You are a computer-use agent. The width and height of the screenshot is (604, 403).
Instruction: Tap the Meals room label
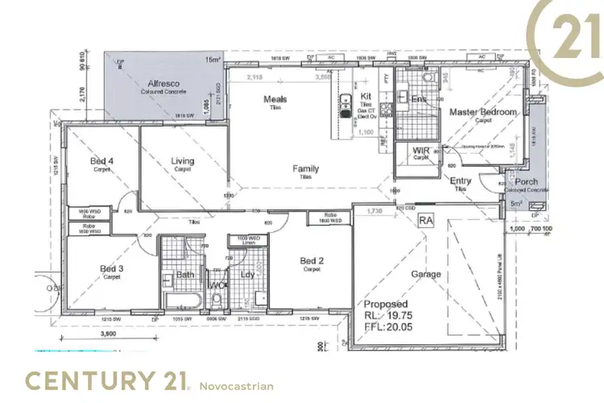275,100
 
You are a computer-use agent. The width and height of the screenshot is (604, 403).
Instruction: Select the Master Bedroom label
482,112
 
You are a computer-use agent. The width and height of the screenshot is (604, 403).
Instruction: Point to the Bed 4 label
101,161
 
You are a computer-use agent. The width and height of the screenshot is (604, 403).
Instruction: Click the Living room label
183,161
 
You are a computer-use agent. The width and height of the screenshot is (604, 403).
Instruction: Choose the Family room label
305,168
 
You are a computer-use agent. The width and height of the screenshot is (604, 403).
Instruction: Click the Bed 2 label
312,260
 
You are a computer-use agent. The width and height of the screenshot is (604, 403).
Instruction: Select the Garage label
426,274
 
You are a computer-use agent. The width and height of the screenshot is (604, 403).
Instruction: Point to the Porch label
527,181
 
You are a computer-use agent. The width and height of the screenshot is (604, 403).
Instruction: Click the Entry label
461,181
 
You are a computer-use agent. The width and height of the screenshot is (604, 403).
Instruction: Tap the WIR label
420,151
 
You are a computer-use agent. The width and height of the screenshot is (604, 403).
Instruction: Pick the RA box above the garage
426,219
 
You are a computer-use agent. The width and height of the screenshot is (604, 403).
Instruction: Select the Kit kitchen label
365,96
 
